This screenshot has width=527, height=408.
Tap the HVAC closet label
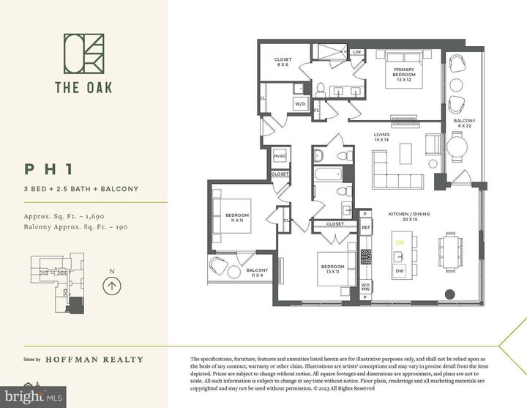point(280,157)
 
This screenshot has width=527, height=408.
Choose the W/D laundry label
point(300,104)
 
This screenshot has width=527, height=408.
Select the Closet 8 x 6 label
point(283,62)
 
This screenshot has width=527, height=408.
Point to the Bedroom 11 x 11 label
point(237,218)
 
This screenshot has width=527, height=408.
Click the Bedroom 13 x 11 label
point(331,269)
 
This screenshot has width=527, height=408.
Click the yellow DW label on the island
point(400,242)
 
